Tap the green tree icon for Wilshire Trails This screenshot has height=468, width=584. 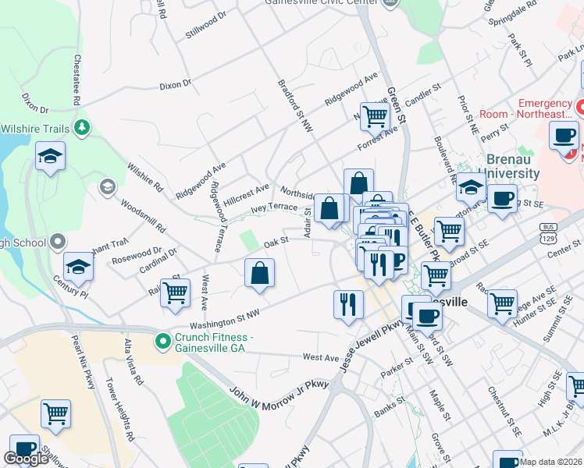tap(81, 128)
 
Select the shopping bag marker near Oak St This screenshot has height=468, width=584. tap(259, 275)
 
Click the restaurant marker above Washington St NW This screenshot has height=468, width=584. tap(348, 304)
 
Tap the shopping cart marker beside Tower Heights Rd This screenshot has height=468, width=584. tap(55, 414)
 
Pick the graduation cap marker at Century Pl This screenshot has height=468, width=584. tap(78, 268)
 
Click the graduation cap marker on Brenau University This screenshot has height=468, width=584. tap(471, 187)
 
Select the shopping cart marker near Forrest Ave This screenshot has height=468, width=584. tap(375, 118)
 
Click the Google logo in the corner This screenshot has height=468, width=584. tap(26, 459)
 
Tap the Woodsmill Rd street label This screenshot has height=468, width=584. tap(142, 218)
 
